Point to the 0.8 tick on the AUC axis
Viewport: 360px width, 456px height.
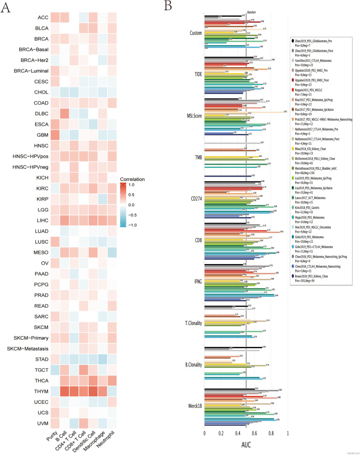click(271, 433)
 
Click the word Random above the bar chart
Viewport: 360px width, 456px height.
click(251, 12)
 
